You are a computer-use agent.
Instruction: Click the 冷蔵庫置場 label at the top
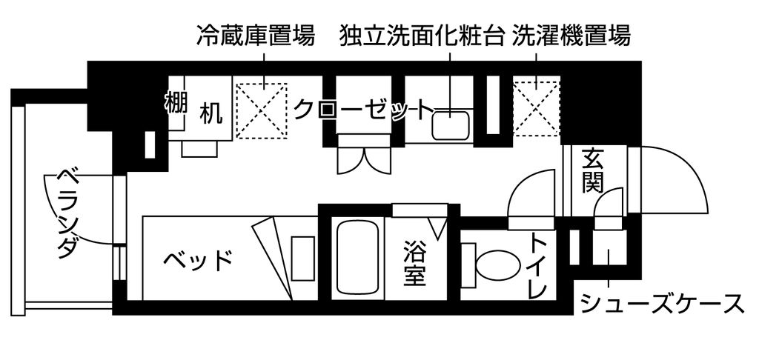(256, 36)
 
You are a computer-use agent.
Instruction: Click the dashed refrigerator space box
(262, 111)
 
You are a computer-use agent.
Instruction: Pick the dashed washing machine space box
(537, 109)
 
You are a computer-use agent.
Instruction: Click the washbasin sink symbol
(451, 125)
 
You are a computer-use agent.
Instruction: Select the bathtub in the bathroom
(358, 258)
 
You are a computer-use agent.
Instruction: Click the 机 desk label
(211, 114)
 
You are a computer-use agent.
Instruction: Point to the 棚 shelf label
(175, 102)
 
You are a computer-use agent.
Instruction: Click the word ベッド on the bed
(198, 261)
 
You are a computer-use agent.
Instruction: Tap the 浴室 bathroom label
(415, 263)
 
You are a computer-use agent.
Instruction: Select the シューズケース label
(662, 304)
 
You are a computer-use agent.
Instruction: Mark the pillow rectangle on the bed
(302, 258)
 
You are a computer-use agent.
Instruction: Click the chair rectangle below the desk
(199, 149)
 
